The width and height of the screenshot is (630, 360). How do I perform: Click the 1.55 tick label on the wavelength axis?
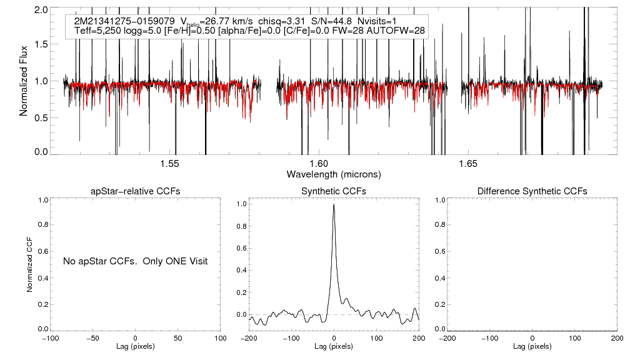(170, 164)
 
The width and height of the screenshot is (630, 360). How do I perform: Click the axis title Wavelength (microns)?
(333, 174)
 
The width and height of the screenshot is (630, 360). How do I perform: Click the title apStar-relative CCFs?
(136, 191)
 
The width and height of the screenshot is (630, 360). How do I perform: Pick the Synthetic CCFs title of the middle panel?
(333, 191)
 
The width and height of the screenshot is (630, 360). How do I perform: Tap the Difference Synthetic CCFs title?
(532, 191)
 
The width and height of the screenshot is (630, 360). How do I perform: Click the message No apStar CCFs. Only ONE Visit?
(135, 261)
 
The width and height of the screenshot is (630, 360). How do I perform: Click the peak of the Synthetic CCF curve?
(334, 204)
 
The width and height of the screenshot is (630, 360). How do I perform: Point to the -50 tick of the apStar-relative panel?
(92, 338)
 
